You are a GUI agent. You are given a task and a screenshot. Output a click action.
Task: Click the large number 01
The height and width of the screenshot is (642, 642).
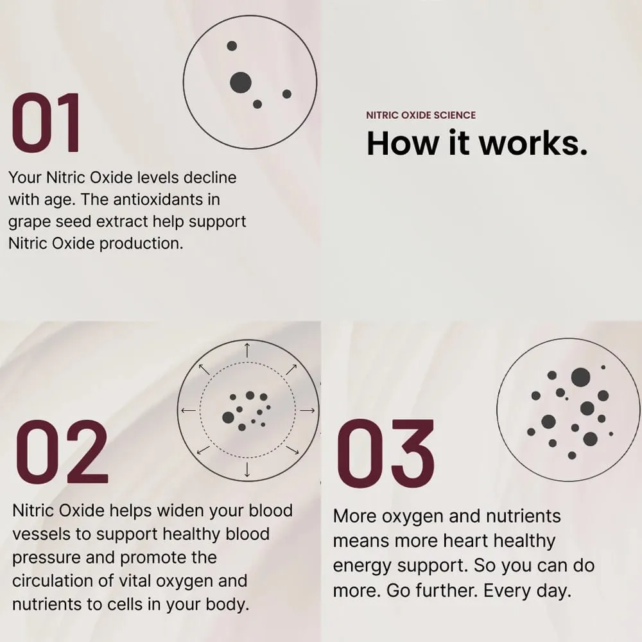coord(46,122)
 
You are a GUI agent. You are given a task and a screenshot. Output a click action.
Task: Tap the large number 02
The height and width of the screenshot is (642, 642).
coord(62,452)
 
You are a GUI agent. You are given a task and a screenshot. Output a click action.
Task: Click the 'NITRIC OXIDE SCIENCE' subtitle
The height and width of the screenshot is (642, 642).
coord(421,115)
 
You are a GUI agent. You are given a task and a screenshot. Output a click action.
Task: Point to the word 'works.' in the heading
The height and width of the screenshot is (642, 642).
coord(534,143)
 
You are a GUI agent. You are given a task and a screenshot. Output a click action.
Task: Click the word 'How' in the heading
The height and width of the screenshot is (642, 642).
coord(402,143)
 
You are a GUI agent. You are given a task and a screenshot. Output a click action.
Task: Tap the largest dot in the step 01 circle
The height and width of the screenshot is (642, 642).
coord(241,82)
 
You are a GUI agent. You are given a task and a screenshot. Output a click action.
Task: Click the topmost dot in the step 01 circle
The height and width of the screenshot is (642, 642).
coord(232,46)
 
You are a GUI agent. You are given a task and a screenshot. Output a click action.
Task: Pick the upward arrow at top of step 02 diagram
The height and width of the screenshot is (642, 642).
coord(247,351)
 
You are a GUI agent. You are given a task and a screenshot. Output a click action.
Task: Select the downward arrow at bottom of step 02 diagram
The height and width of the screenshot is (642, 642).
coord(247,469)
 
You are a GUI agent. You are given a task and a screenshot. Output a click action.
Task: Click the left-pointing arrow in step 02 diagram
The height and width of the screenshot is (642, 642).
coord(188,410)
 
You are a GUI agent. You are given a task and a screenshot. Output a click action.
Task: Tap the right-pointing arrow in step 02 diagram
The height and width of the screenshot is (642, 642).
coord(308,410)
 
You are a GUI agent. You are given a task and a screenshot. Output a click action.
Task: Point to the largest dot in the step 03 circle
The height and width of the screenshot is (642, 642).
coord(580,377)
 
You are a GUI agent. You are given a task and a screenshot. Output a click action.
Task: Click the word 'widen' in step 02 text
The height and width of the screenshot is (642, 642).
coord(180,510)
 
